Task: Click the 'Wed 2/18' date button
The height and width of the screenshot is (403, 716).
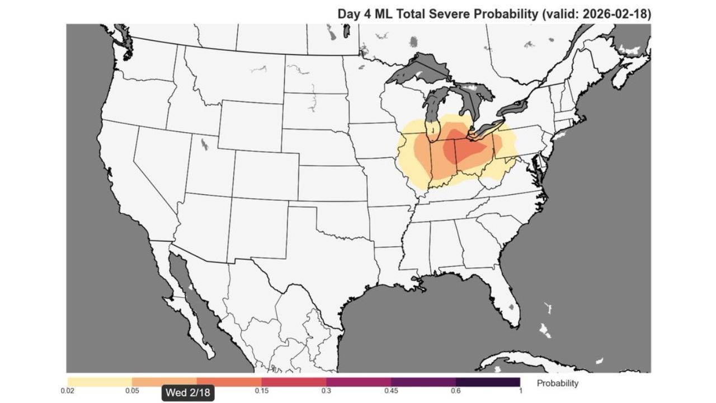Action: pyautogui.click(x=187, y=392)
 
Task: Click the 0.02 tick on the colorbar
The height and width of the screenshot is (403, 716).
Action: pyautogui.click(x=67, y=391)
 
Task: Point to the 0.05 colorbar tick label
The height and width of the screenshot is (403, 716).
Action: pyautogui.click(x=132, y=391)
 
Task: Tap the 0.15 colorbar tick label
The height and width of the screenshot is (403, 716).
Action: pyautogui.click(x=261, y=391)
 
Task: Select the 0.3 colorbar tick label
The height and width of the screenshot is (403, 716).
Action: pyautogui.click(x=326, y=391)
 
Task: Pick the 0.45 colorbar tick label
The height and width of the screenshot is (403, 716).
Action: pyautogui.click(x=391, y=391)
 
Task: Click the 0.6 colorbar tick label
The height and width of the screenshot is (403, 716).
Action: pyautogui.click(x=456, y=391)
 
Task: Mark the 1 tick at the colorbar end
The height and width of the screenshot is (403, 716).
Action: pyautogui.click(x=520, y=391)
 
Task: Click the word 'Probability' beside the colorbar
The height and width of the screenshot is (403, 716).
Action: pyautogui.click(x=557, y=383)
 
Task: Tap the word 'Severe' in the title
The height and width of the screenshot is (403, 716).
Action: pyautogui.click(x=453, y=14)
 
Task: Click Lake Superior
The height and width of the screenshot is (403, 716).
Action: pyautogui.click(x=414, y=70)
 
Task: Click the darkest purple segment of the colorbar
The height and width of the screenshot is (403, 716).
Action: pyautogui.click(x=488, y=382)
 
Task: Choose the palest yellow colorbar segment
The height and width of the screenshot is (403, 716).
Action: pyautogui.click(x=100, y=382)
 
